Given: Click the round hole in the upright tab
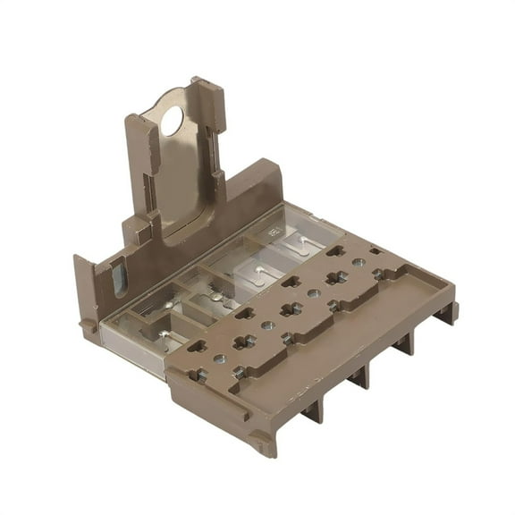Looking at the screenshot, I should pyautogui.click(x=171, y=120).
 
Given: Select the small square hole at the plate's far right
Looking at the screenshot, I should pyautogui.click(x=375, y=251).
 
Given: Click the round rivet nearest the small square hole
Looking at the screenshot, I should pyautogui.click(x=358, y=263).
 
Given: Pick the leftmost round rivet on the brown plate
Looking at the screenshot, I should pyautogui.click(x=219, y=359).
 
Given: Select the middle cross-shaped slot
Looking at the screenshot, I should pyautogui.click(x=290, y=310).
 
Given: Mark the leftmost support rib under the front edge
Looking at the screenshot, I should pyautogui.click(x=311, y=409).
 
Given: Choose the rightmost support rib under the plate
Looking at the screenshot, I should pyautogui.click(x=443, y=313).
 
